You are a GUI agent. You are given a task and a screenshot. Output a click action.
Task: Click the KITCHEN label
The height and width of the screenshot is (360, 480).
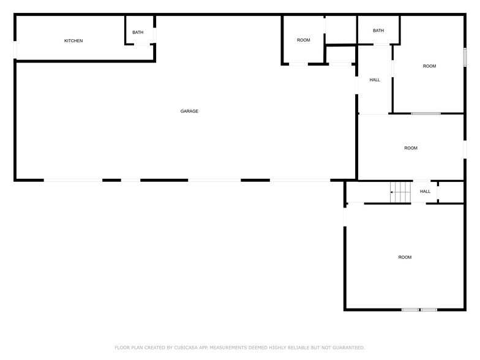coord(73,41)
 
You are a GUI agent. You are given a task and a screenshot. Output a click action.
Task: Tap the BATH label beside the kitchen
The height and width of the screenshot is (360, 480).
coord(138,32)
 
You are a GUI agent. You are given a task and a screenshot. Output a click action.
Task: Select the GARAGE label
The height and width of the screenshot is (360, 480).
coord(189,111)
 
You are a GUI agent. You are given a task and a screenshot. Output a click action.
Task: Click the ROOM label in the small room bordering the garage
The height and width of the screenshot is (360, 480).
coord(304,40)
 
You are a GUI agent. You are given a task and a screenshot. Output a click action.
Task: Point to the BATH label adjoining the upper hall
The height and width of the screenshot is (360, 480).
coord(378,31)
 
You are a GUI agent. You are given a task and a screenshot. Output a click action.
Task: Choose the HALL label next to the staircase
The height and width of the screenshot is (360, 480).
coord(425,192)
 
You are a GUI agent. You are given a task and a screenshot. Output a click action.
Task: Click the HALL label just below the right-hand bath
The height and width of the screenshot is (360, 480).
coord(375,80)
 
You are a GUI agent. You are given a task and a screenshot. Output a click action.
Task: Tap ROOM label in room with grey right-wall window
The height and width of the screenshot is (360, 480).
coord(429,66)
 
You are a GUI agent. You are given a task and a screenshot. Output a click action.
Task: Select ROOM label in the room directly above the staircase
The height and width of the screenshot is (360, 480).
coord(411,148)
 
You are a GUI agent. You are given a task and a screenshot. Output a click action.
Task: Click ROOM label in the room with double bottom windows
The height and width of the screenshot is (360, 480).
coord(405,257)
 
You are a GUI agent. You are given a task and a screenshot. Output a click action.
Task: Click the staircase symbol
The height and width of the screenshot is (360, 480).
coord(400,192)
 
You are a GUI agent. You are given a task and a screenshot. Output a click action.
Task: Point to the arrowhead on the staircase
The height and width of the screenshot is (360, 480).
coord(392,192)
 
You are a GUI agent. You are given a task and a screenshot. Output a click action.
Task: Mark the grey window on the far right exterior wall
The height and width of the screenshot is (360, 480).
coord(465,57)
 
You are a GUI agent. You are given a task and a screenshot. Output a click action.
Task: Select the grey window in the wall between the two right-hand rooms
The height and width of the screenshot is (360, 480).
coord(426,113)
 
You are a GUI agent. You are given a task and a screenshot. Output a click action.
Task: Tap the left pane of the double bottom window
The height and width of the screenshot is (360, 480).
coord(410,310)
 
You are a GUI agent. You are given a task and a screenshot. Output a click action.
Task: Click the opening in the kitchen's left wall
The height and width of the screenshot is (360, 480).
coord(15,50)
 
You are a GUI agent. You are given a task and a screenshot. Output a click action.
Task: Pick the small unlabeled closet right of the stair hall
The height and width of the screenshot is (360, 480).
coord(451,192)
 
